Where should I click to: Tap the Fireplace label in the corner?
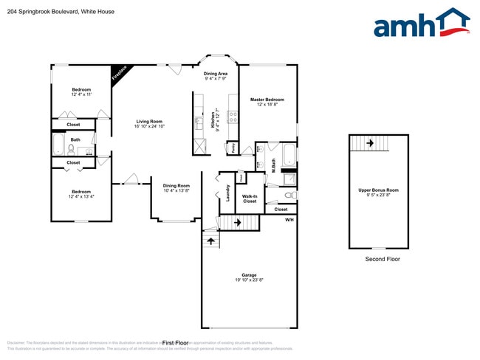pyautogui.click(x=119, y=74)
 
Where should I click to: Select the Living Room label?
pyautogui.click(x=148, y=122)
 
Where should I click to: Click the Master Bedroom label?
pyautogui.click(x=267, y=100)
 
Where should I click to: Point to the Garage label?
pyautogui.click(x=249, y=275)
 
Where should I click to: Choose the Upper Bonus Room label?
pyautogui.click(x=378, y=190)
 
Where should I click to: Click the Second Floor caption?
pyautogui.click(x=383, y=259)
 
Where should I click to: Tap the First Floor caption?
pyautogui.click(x=176, y=343)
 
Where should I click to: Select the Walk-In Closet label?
pyautogui.click(x=250, y=198)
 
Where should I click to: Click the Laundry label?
pyautogui.click(x=229, y=193)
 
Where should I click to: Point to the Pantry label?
pyautogui.click(x=233, y=147)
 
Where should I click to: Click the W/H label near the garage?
pyautogui.click(x=289, y=220)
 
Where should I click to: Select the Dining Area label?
pyautogui.click(x=216, y=74)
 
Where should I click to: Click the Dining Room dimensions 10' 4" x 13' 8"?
pyautogui.click(x=176, y=191)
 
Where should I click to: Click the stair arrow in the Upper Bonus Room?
pyautogui.click(x=367, y=144)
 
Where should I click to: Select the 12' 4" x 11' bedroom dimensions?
pyautogui.click(x=81, y=95)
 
